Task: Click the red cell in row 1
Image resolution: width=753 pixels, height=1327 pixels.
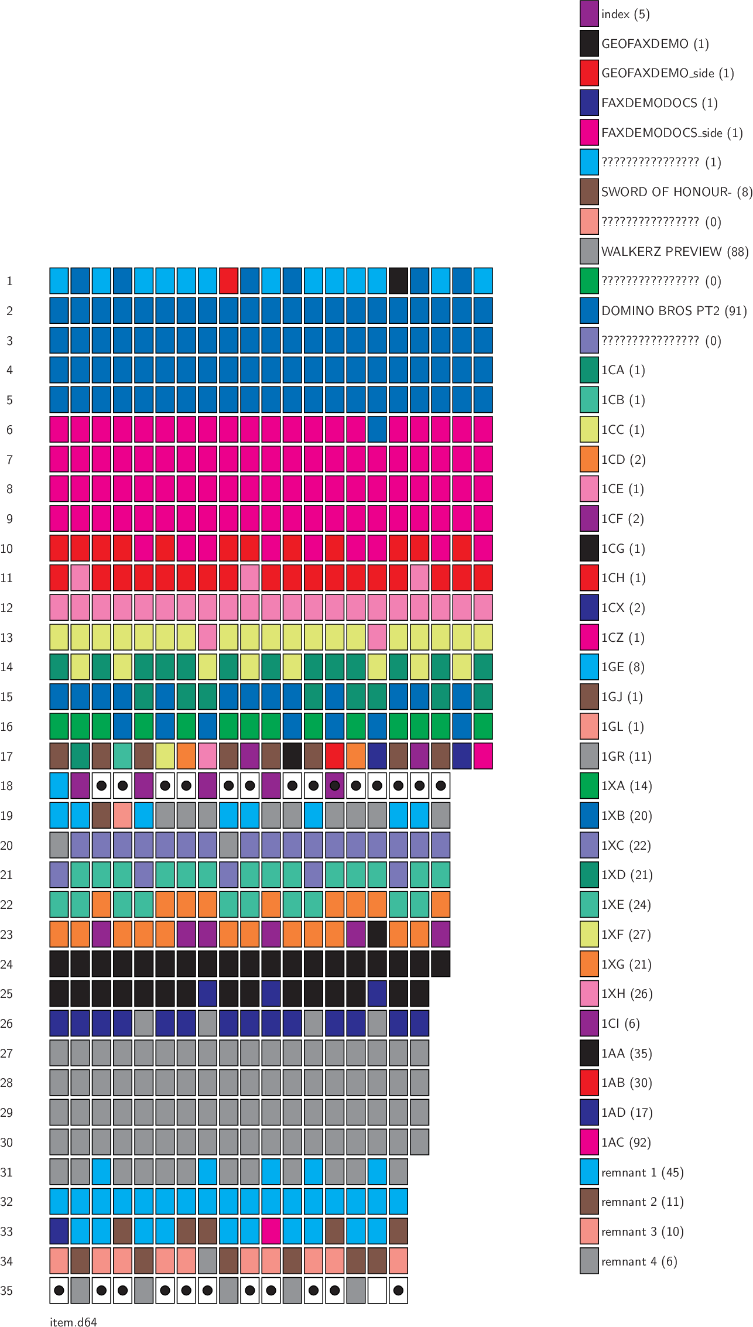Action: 228,281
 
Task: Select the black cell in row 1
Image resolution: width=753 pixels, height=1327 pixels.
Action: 398,281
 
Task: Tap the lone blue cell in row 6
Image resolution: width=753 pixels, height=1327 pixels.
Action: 377,429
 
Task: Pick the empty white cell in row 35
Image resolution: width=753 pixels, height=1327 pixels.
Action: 377,1290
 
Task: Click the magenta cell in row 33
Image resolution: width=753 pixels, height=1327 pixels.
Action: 271,1230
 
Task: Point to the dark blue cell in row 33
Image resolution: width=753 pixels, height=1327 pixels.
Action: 59,1230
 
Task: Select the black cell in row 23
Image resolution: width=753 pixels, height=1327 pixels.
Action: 377,934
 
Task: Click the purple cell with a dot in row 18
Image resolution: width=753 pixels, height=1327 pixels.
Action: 335,785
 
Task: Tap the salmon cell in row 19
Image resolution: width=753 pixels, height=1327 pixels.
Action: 122,815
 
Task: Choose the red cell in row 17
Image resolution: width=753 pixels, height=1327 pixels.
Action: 335,755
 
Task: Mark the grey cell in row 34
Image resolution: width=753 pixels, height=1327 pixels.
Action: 207,1260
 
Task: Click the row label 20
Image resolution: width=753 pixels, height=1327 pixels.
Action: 6,845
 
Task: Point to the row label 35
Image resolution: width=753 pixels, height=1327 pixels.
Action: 6,1291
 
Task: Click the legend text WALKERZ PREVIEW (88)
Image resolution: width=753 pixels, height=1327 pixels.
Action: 675,251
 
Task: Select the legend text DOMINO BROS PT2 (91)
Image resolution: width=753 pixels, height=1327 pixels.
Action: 674,310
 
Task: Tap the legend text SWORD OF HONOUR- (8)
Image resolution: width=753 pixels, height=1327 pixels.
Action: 676,192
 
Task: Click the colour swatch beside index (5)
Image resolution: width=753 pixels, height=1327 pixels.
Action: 589,14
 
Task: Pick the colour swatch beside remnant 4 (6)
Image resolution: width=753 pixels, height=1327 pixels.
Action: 589,1261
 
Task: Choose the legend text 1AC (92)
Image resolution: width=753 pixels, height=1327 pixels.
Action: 626,1142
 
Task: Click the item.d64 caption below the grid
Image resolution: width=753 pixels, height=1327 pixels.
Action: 73,1321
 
